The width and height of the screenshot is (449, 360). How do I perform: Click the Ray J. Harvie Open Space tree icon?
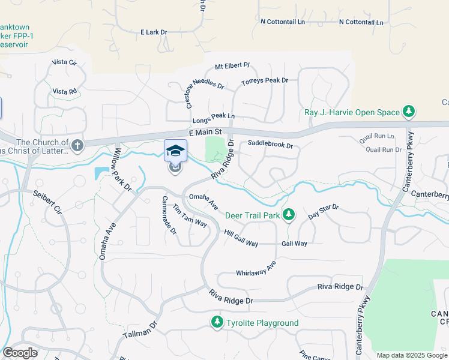pyautogui.click(x=409, y=112)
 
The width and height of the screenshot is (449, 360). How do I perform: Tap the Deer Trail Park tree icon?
pyautogui.click(x=289, y=214)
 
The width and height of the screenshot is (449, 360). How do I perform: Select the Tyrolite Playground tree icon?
pyautogui.click(x=217, y=323)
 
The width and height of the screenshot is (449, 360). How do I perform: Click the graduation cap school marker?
pyautogui.click(x=175, y=150)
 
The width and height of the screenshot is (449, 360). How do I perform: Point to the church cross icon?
pyautogui.click(x=77, y=145)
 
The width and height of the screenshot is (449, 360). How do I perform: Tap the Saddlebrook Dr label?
pyautogui.click(x=270, y=145)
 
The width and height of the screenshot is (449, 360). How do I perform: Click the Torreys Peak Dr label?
pyautogui.click(x=264, y=80)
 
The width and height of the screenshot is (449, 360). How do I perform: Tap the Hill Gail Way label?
pyautogui.click(x=241, y=238)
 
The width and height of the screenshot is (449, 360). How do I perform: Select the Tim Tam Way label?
pyautogui.click(x=190, y=216)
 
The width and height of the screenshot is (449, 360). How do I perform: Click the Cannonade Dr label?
pyautogui.click(x=169, y=215)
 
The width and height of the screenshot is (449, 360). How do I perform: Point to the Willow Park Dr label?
pyautogui.click(x=123, y=170)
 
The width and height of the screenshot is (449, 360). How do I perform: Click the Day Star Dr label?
pyautogui.click(x=324, y=211)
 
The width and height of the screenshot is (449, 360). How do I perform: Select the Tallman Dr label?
pyautogui.click(x=140, y=329)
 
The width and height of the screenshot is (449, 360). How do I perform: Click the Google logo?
pyautogui.click(x=20, y=353)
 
